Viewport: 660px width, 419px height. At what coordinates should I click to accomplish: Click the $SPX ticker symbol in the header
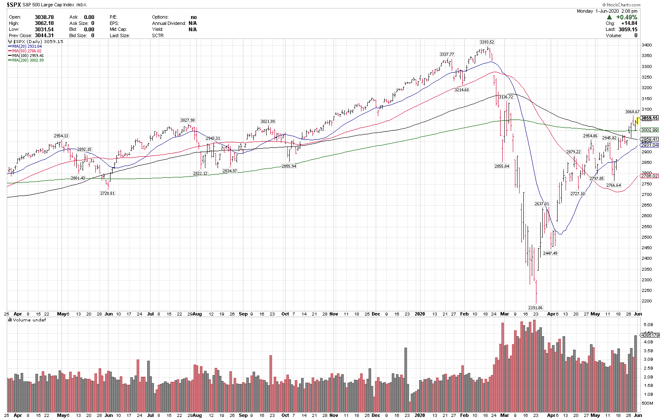pyautogui.click(x=15, y=5)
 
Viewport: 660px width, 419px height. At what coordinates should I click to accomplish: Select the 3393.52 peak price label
pyautogui.click(x=487, y=42)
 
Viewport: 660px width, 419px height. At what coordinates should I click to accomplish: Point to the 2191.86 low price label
pyautogui.click(x=535, y=308)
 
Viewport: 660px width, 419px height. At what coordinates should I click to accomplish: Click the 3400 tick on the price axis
pyautogui.click(x=647, y=45)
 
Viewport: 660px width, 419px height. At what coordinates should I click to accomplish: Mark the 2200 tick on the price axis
pyautogui.click(x=647, y=301)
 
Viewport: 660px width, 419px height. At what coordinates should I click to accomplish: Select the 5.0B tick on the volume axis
pyautogui.click(x=648, y=325)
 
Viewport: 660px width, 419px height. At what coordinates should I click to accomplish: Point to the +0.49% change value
pyautogui.click(x=627, y=17)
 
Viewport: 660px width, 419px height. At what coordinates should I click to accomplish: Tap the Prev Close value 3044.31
pyautogui.click(x=44, y=35)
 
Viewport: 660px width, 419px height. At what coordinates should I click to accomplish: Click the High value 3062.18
pyautogui.click(x=44, y=23)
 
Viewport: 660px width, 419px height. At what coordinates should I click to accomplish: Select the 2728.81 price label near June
pyautogui.click(x=108, y=193)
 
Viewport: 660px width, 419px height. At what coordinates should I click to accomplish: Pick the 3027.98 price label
pyautogui.click(x=187, y=120)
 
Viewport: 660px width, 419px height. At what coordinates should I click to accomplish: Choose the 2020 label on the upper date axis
pyautogui.click(x=420, y=314)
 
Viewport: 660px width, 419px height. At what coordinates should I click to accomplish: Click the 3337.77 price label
pyautogui.click(x=447, y=54)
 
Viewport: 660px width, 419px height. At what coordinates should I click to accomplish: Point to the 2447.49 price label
pyautogui.click(x=550, y=253)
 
